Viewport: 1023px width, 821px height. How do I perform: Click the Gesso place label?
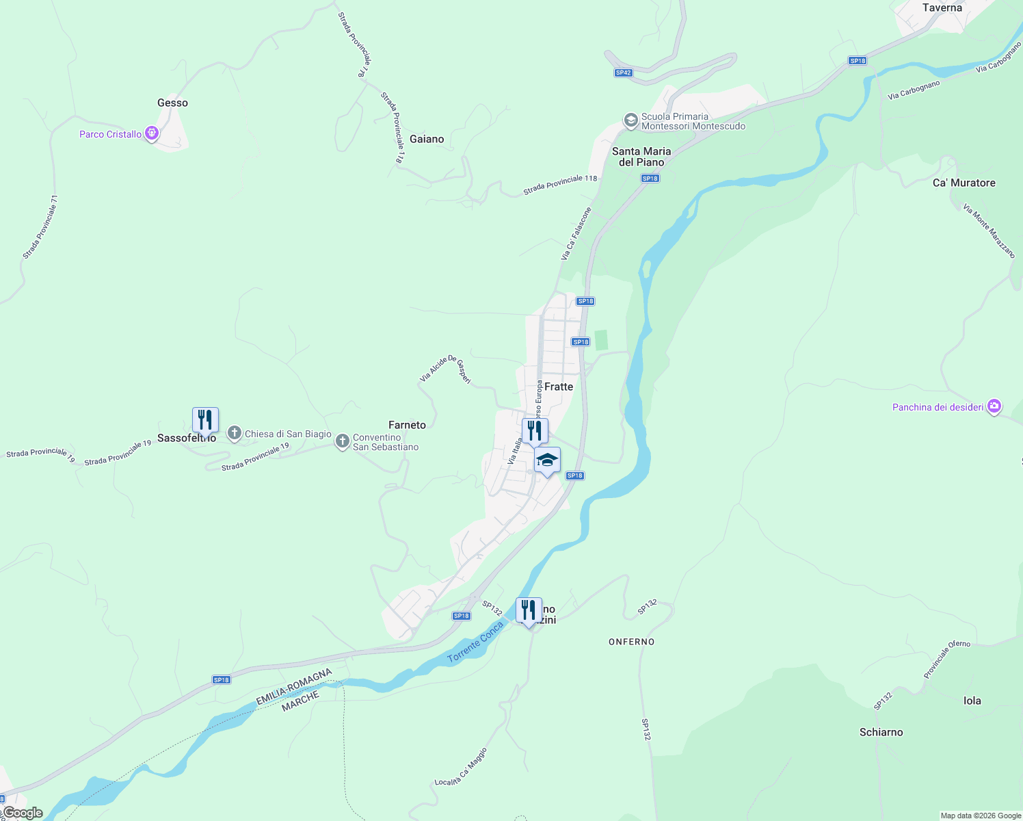172,103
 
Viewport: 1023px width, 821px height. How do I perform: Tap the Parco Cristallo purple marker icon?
152,133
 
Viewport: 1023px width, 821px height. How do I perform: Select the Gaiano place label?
427,139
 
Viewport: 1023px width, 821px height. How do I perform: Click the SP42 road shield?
623,73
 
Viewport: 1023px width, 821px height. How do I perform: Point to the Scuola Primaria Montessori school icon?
630,121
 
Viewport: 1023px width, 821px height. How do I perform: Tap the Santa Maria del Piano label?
641,157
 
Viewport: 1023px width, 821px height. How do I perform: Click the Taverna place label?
942,8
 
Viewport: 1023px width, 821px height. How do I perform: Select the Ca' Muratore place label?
964,183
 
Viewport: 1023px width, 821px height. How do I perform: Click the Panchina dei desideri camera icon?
994,406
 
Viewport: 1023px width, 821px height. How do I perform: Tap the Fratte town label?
559,387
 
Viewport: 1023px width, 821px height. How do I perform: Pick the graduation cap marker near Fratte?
547,460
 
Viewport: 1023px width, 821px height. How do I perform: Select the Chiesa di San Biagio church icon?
235,433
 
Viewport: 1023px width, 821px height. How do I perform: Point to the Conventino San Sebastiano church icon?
343,442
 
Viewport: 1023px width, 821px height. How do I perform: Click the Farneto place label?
407,425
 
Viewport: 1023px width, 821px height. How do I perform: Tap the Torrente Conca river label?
475,643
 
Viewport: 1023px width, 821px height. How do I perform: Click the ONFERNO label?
632,642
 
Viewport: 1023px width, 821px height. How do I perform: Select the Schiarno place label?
881,732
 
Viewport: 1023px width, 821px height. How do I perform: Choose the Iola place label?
972,701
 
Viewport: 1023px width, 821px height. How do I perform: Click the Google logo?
23,813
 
